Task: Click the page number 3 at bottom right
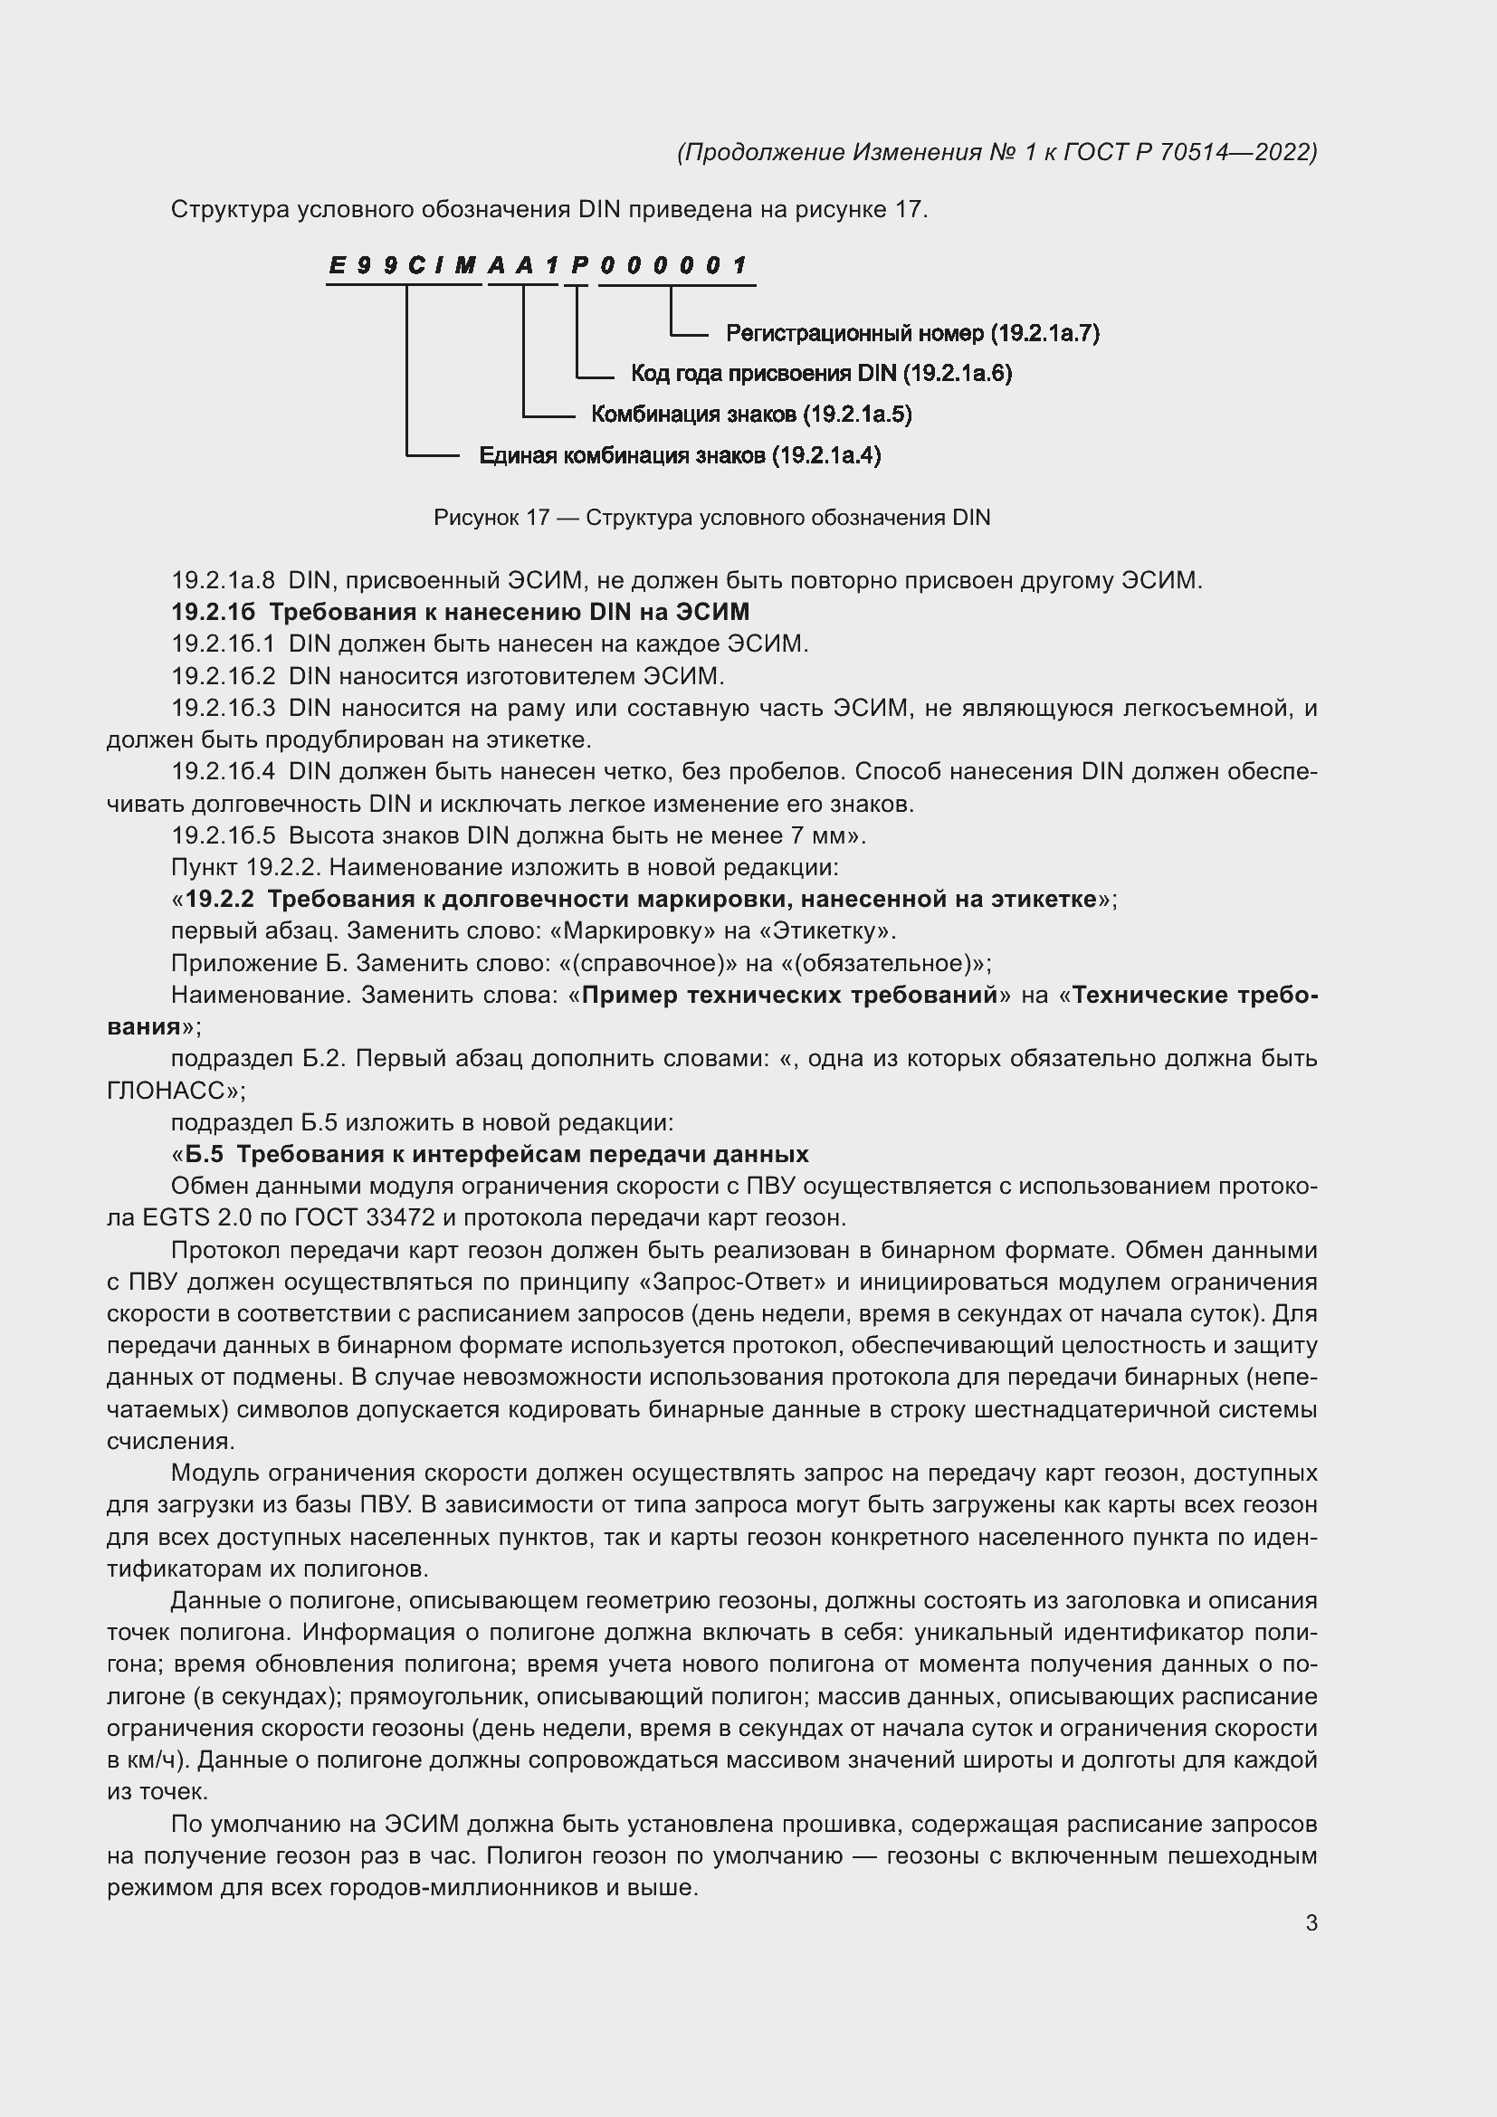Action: (x=1311, y=1923)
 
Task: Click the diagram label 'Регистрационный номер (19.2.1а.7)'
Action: (x=912, y=333)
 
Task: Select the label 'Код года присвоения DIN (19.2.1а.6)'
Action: (x=821, y=374)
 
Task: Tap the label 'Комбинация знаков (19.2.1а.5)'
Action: (x=751, y=415)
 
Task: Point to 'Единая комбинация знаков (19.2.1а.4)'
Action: (x=680, y=455)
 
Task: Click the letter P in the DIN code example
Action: (x=579, y=266)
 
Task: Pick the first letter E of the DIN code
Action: (x=338, y=266)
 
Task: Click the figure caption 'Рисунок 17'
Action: (x=491, y=519)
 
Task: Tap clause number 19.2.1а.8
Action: (x=223, y=581)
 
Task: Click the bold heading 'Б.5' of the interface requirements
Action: (x=204, y=1154)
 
